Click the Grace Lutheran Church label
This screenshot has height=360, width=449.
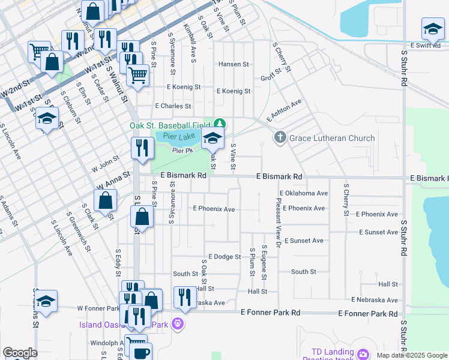coord(332,138)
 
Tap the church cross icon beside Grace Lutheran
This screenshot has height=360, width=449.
coord(280,138)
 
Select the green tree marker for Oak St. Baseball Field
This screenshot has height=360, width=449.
coord(220,124)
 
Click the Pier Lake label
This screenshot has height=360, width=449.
coord(175,137)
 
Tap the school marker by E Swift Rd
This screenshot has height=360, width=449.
coord(432,29)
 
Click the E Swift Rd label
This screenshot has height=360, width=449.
coord(427,45)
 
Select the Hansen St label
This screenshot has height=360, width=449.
coord(234,64)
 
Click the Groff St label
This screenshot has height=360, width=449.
coord(271,78)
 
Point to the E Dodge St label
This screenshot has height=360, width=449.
coord(224,257)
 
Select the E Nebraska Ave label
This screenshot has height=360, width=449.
coord(375,300)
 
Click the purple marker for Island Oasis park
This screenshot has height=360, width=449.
coord(177,325)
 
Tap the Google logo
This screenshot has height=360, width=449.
coord(20,353)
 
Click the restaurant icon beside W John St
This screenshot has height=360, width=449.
coord(142,148)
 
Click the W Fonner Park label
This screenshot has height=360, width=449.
coord(98,308)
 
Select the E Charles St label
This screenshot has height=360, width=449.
coord(173,106)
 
